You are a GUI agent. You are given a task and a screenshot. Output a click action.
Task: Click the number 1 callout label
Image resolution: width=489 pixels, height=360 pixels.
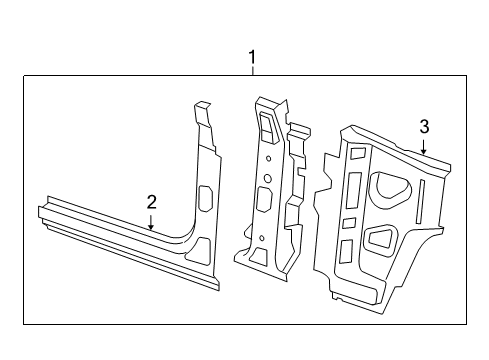pos(252,58)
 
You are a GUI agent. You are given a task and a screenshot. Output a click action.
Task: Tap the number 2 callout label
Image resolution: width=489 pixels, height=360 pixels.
pos(151,202)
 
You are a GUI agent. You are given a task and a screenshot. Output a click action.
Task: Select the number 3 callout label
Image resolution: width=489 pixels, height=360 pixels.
pos(424,126)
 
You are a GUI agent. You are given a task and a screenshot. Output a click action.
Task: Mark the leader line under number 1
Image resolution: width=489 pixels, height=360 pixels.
pos(252,71)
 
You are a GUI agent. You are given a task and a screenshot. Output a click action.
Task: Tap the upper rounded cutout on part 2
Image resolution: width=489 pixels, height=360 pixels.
pos(206,198)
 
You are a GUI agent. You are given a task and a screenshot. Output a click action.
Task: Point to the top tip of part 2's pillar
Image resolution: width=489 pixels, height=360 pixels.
pos(202,104)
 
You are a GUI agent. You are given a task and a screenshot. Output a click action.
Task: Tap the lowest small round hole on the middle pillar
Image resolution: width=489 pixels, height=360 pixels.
pos(262,237)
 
